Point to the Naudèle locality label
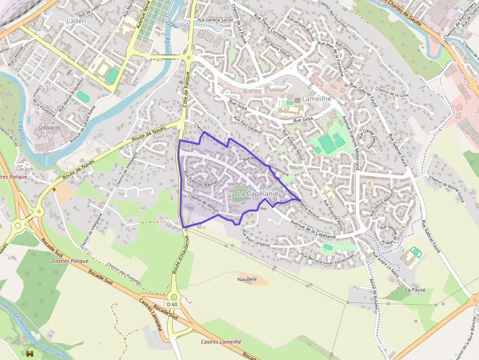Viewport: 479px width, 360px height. click(x=247, y=279)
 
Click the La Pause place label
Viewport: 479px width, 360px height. click(x=415, y=290)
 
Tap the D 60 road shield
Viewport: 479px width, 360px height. click(x=172, y=304)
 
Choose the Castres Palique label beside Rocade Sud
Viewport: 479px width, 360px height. click(x=70, y=261)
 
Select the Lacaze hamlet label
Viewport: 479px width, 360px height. click(x=25, y=169)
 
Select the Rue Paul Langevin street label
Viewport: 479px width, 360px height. click(x=257, y=240)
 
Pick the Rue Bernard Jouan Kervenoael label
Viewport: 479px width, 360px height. click(x=327, y=257)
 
